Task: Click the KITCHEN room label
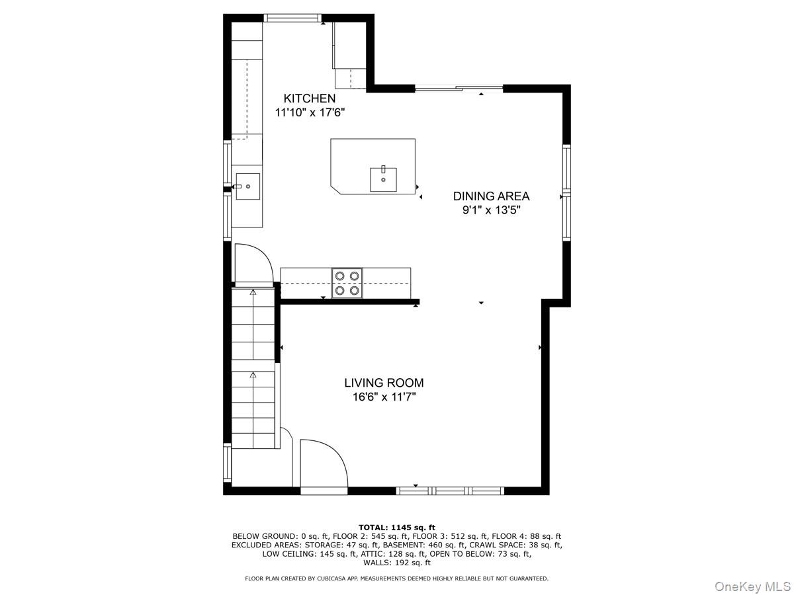coord(309,99)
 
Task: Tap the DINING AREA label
coord(491,196)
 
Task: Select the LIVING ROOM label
coord(384,383)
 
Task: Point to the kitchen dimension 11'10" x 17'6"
coord(310,112)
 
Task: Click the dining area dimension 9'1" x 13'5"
coord(491,210)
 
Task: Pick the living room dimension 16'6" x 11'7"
coord(384,397)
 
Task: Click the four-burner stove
coord(347,283)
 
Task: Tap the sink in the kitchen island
coord(383,179)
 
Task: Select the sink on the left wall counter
coord(247,186)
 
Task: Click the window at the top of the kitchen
coord(292,18)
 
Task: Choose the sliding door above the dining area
coord(459,88)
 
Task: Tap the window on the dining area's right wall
coord(566,192)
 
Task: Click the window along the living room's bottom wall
coord(450,491)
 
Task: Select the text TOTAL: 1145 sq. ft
coord(397,528)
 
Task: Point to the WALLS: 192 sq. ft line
coord(397,563)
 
